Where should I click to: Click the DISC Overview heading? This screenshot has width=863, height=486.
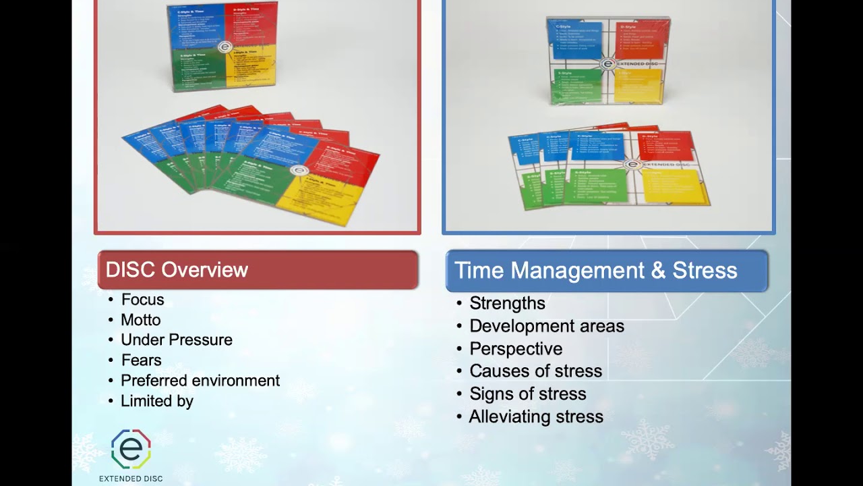[x=177, y=270]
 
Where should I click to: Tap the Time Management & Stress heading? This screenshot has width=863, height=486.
[x=596, y=271]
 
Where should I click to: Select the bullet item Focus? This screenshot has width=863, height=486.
[x=142, y=300]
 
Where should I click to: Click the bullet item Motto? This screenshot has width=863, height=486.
[x=140, y=320]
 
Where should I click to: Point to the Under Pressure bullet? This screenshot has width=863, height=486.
[x=176, y=340]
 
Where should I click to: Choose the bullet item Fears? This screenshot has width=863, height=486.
[x=141, y=360]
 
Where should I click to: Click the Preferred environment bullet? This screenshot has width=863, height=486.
[x=200, y=381]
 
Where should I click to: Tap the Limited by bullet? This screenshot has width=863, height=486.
[x=157, y=401]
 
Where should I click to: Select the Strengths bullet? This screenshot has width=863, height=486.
[x=507, y=304]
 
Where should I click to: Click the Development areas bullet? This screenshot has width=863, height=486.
[x=547, y=326]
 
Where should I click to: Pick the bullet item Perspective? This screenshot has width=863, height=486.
[x=516, y=349]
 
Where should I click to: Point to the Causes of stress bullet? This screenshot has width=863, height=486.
[x=535, y=371]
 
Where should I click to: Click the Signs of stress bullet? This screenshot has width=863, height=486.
[x=527, y=394]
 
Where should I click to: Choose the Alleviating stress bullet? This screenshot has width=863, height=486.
[x=536, y=417]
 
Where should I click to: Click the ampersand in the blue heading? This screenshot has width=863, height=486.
[x=657, y=271]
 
